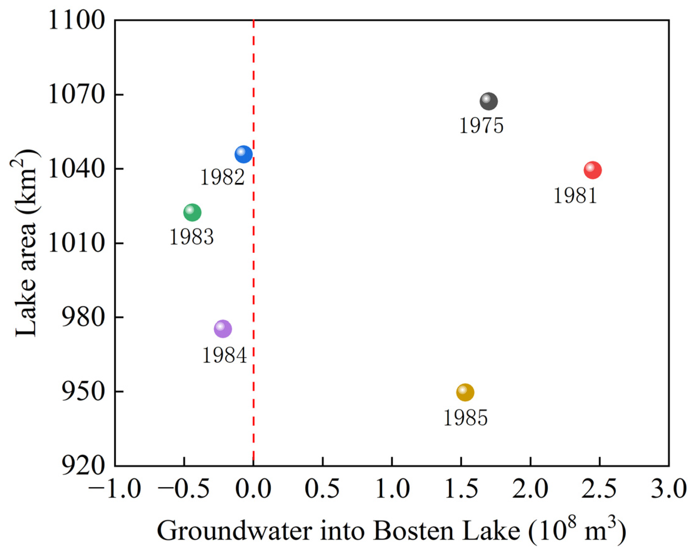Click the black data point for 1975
pyautogui.click(x=489, y=101)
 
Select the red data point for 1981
pyautogui.click(x=593, y=170)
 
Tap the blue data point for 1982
pyautogui.click(x=243, y=154)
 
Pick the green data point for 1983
pyautogui.click(x=192, y=213)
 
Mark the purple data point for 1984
pyautogui.click(x=223, y=329)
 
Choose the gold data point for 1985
pyautogui.click(x=465, y=393)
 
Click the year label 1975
pyautogui.click(x=482, y=126)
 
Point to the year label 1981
pyautogui.click(x=575, y=196)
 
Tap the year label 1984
pyautogui.click(x=225, y=355)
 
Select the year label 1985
pyautogui.click(x=465, y=418)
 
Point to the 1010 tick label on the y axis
pyautogui.click(x=77, y=244)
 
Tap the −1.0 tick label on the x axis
pyautogui.click(x=114, y=489)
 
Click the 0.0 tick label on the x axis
pyautogui.click(x=253, y=489)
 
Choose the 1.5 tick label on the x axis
pyautogui.click(x=461, y=489)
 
